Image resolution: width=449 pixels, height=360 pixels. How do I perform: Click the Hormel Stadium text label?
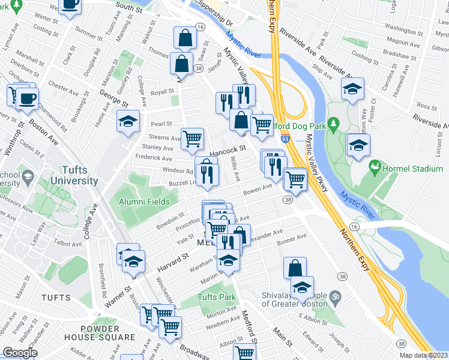[x=414, y=169]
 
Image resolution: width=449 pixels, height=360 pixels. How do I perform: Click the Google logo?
[x=20, y=352]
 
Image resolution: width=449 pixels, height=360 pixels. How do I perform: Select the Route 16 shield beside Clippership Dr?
[x=200, y=27]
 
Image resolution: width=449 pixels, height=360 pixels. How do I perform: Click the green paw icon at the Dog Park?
[x=334, y=123]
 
